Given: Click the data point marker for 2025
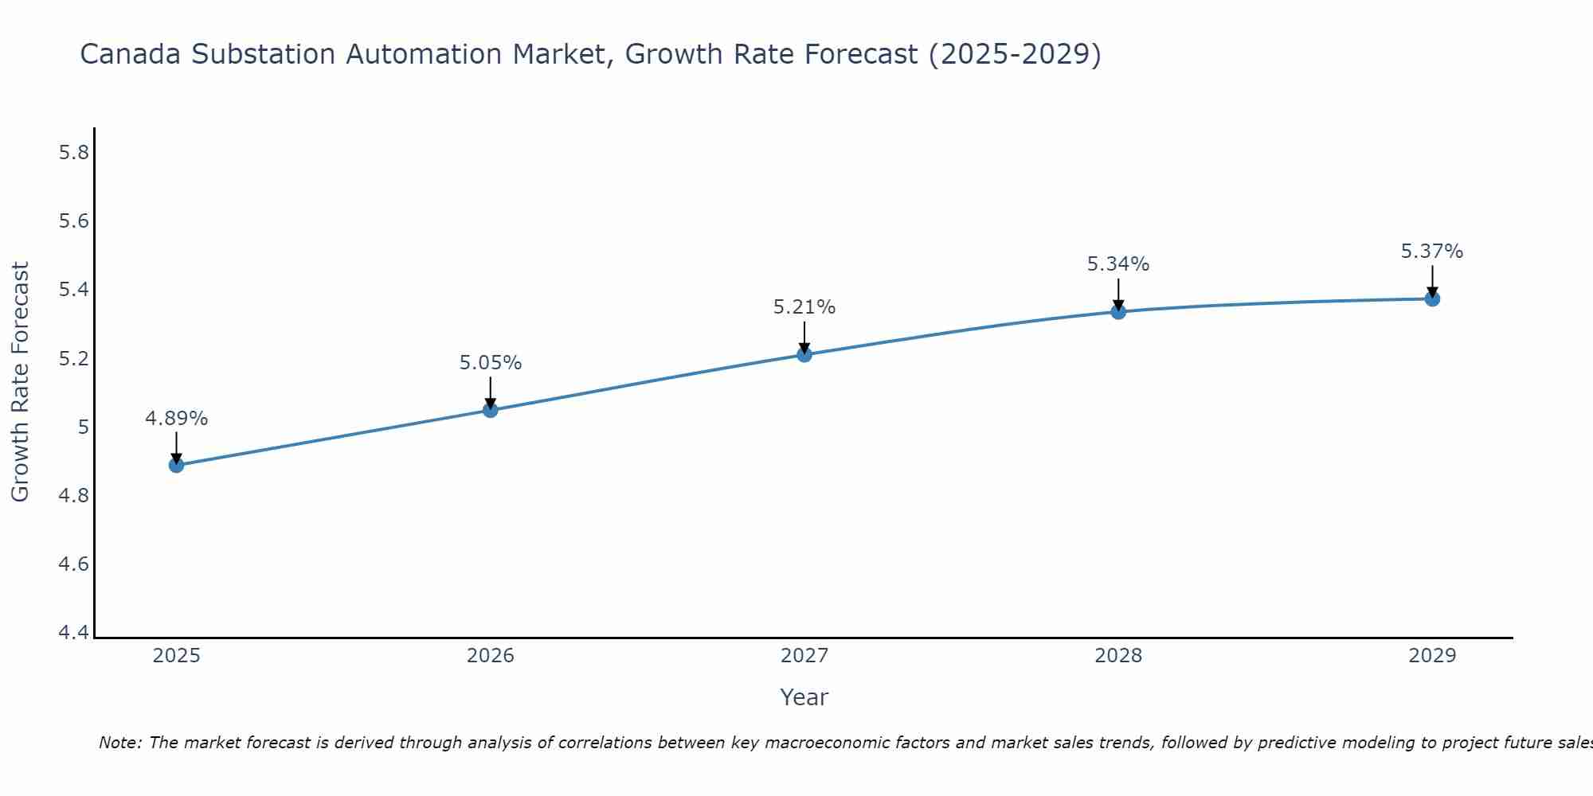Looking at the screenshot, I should (x=177, y=465).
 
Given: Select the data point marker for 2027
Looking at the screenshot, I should (x=804, y=354).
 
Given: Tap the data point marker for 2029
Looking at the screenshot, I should (x=1432, y=298).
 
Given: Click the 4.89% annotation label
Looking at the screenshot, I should (x=177, y=419).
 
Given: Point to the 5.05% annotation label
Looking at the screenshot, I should (x=491, y=363).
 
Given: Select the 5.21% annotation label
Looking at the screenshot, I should (x=804, y=307).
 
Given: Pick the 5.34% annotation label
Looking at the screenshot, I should (x=1118, y=264).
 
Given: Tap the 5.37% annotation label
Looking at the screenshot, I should (x=1432, y=252).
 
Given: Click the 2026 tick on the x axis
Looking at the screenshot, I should (x=491, y=656).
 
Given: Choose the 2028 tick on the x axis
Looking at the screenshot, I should (x=1118, y=656).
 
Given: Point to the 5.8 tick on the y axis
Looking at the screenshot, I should (x=74, y=153).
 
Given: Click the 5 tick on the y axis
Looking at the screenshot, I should (x=83, y=427).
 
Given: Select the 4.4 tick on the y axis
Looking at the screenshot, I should (x=74, y=633).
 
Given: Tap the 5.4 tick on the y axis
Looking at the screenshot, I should (x=74, y=290).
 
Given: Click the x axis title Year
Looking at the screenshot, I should (x=804, y=697).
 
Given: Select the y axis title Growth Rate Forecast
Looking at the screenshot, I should (x=21, y=382).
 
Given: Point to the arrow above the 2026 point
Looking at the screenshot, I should (x=491, y=392).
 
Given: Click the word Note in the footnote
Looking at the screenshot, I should (x=119, y=743).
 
